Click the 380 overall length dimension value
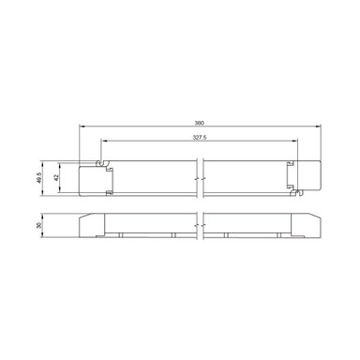click(x=200, y=123)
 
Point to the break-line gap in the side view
click(x=200, y=224)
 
